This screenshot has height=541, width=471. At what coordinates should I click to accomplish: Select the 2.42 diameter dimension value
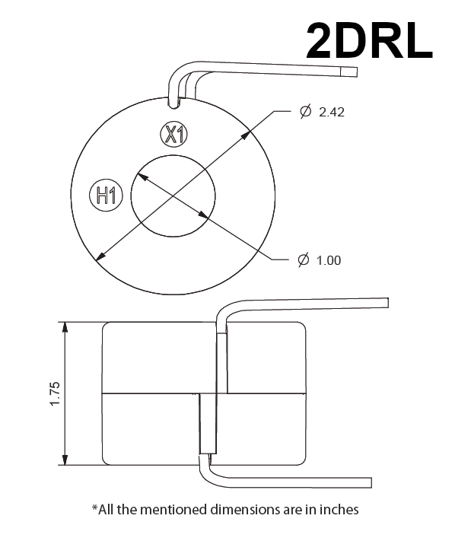(x=333, y=112)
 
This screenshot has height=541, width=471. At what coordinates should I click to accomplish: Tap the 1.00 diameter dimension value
(x=328, y=260)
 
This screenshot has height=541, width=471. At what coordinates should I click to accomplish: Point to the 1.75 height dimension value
(x=54, y=393)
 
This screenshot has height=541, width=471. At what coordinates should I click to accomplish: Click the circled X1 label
(x=174, y=135)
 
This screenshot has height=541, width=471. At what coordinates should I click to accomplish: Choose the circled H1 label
(x=105, y=196)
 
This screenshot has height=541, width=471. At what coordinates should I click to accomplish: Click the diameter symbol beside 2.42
(x=305, y=112)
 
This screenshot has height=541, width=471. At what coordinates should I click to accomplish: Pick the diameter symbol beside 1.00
(x=302, y=260)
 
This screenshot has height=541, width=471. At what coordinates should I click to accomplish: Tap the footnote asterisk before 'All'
(x=94, y=508)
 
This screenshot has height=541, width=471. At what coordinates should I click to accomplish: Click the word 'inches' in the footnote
(x=339, y=509)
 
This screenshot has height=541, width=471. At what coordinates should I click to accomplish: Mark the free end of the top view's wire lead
(x=354, y=72)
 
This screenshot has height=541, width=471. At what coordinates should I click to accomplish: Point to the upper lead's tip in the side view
(x=387, y=302)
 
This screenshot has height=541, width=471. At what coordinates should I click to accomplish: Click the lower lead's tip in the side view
(x=369, y=482)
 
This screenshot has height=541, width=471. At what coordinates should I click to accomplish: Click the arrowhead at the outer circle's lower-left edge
(x=97, y=257)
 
